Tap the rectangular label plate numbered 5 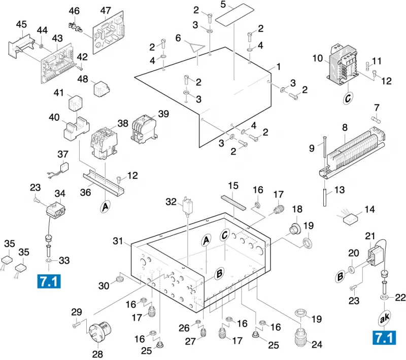pos(234,15)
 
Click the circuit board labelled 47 pos(108,32)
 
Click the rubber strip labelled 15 pos(233,203)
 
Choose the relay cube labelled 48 pos(101,89)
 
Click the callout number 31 pos(118,241)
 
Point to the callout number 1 pos(279,67)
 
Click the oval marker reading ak pos(385,318)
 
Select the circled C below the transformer pos(348,98)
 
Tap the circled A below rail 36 pos(105,207)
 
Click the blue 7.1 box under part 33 pos(49,281)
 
